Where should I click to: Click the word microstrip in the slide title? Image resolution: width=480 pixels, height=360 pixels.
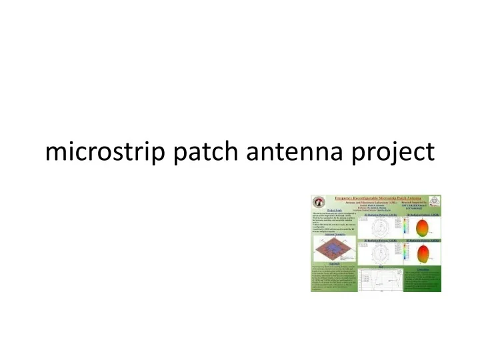click(x=99, y=152)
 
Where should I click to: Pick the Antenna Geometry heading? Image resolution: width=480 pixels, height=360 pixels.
click(x=329, y=233)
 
